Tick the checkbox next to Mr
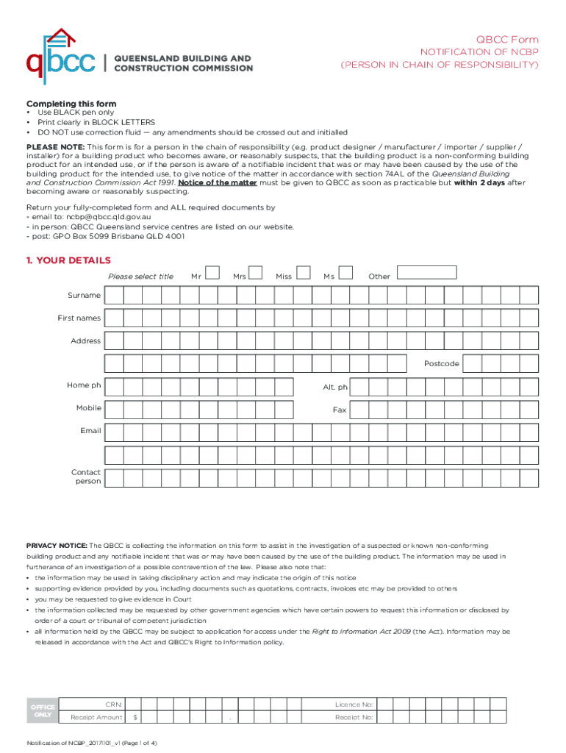point(212,273)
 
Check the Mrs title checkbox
point(256,273)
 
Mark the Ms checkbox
point(345,273)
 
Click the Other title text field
point(426,273)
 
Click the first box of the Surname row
point(114,296)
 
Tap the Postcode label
point(441,364)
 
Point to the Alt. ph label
point(335,387)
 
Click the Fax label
point(339,410)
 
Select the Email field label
point(91,430)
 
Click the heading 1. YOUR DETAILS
point(69,260)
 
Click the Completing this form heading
point(71,104)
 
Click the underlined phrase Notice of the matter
point(218,182)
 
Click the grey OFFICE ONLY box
point(42,710)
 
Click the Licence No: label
point(354,704)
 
